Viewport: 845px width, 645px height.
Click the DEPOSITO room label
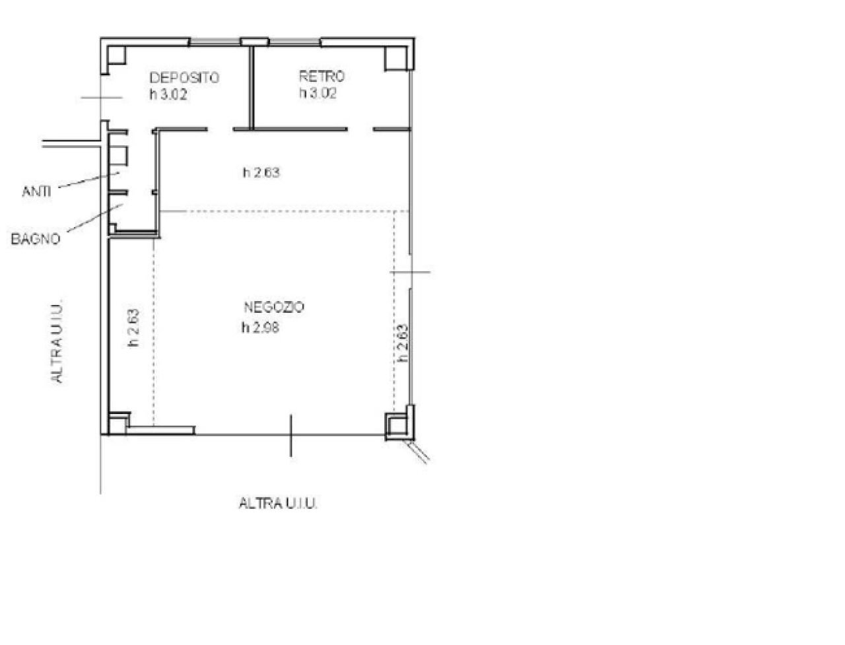pos(184,77)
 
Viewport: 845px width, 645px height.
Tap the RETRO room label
pos(321,77)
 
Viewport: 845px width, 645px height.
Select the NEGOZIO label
pos(274,307)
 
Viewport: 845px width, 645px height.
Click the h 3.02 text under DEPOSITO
pos(168,94)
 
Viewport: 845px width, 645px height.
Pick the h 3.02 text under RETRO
pos(318,93)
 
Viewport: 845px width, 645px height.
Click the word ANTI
pos(37,192)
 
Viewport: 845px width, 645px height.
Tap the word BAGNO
pos(35,239)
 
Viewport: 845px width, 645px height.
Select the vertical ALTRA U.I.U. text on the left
pos(57,340)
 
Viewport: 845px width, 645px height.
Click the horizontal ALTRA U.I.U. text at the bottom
pos(278,503)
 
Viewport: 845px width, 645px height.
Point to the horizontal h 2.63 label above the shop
pos(261,173)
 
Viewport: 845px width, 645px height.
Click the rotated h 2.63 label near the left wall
pos(133,327)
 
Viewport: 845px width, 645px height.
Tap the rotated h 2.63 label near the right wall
pos(403,342)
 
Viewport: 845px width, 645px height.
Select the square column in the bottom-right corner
pos(397,424)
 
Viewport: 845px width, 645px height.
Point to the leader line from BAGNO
pos(92,219)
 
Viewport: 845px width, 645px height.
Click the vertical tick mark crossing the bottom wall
pos(291,435)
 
